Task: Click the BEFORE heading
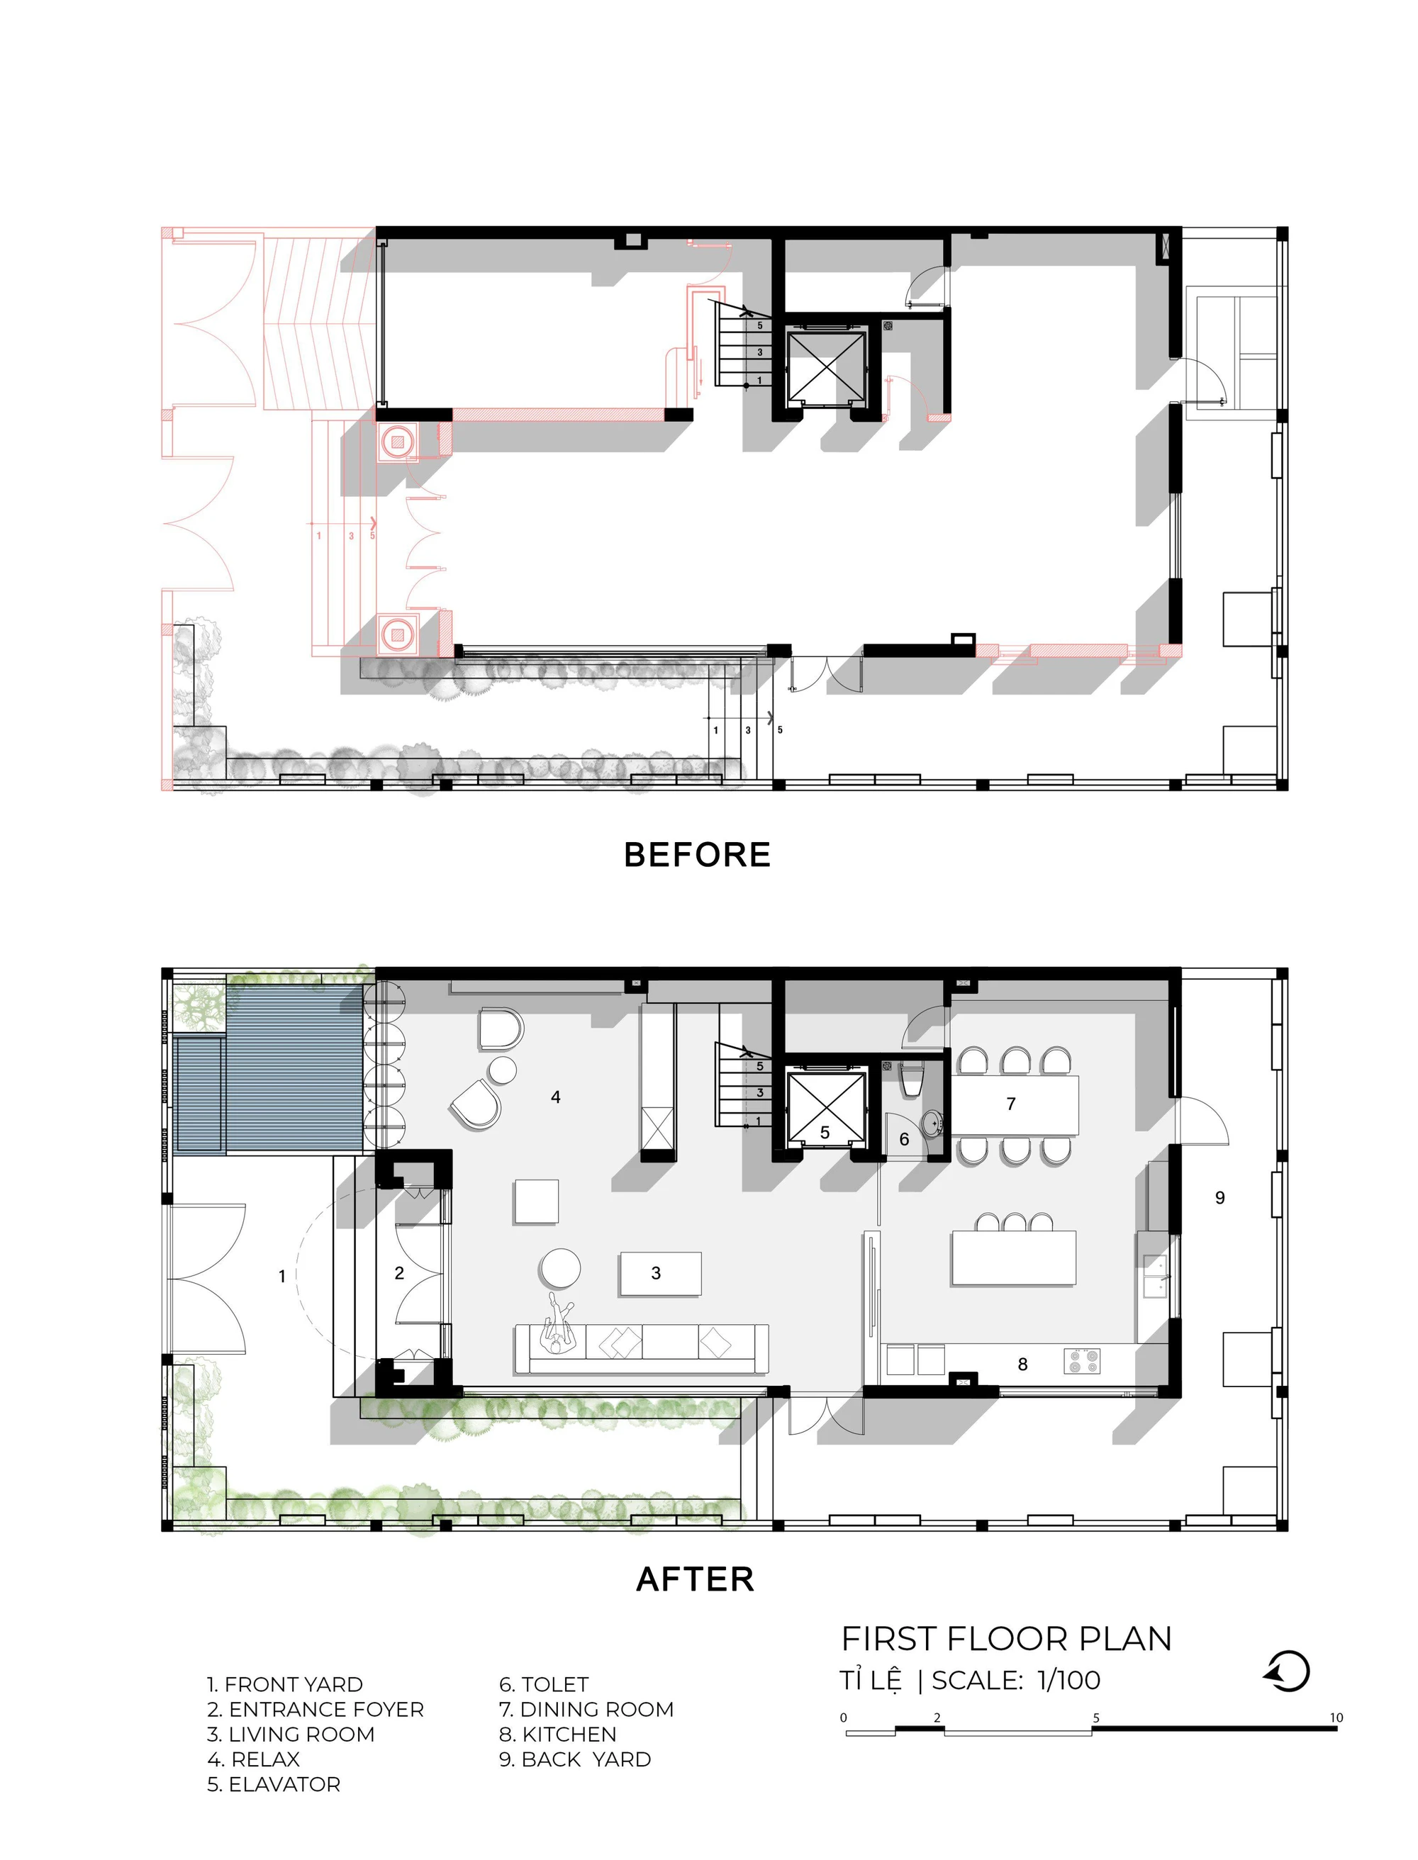[x=697, y=855]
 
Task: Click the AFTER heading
[x=695, y=1579]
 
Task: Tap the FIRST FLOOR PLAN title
[x=1007, y=1639]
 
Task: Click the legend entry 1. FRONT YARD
[x=285, y=1684]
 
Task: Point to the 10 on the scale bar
[x=1336, y=1718]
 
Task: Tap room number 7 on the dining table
[x=1011, y=1104]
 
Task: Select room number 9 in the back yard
[x=1219, y=1197]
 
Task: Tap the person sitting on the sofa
[x=558, y=1324]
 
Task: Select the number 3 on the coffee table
[x=656, y=1274]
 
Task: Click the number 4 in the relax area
[x=555, y=1097]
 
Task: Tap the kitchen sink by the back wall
[x=1156, y=1275]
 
